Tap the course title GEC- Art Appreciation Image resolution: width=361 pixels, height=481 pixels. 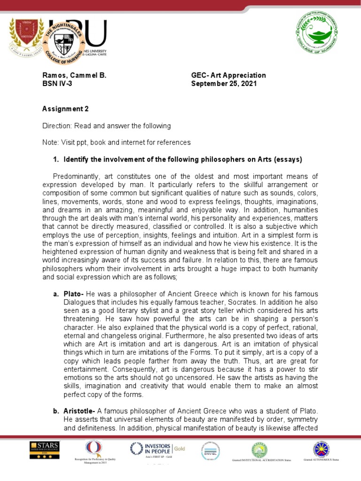(x=228, y=75)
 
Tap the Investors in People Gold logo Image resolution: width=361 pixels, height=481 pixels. (x=157, y=449)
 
